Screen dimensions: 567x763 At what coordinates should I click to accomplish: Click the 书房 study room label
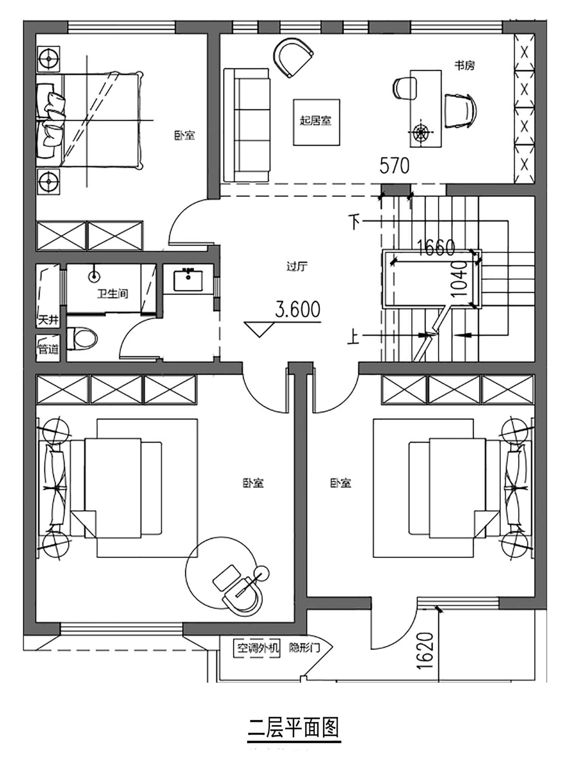click(x=464, y=65)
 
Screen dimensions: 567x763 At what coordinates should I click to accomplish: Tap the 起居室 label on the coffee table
click(x=316, y=121)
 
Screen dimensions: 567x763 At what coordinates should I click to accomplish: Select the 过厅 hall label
click(x=297, y=267)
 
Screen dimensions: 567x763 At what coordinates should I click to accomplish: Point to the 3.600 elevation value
click(x=298, y=309)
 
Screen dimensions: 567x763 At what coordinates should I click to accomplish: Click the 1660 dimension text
click(x=436, y=248)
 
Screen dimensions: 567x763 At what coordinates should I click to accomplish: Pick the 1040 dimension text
click(x=460, y=279)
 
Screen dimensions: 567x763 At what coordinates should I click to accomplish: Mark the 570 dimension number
click(x=394, y=166)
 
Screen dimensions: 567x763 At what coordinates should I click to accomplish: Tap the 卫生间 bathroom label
click(x=112, y=293)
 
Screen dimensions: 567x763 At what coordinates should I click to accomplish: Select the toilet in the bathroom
click(x=82, y=338)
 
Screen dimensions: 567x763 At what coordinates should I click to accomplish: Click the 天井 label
click(x=48, y=320)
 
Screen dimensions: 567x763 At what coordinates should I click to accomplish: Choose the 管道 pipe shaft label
click(x=48, y=349)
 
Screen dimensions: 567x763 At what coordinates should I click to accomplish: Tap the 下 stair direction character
click(x=355, y=222)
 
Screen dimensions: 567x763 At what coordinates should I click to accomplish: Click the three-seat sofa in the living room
click(x=247, y=125)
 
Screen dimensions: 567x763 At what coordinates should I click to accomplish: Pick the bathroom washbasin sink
click(x=188, y=281)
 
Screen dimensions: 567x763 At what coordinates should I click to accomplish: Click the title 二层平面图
click(x=294, y=727)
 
